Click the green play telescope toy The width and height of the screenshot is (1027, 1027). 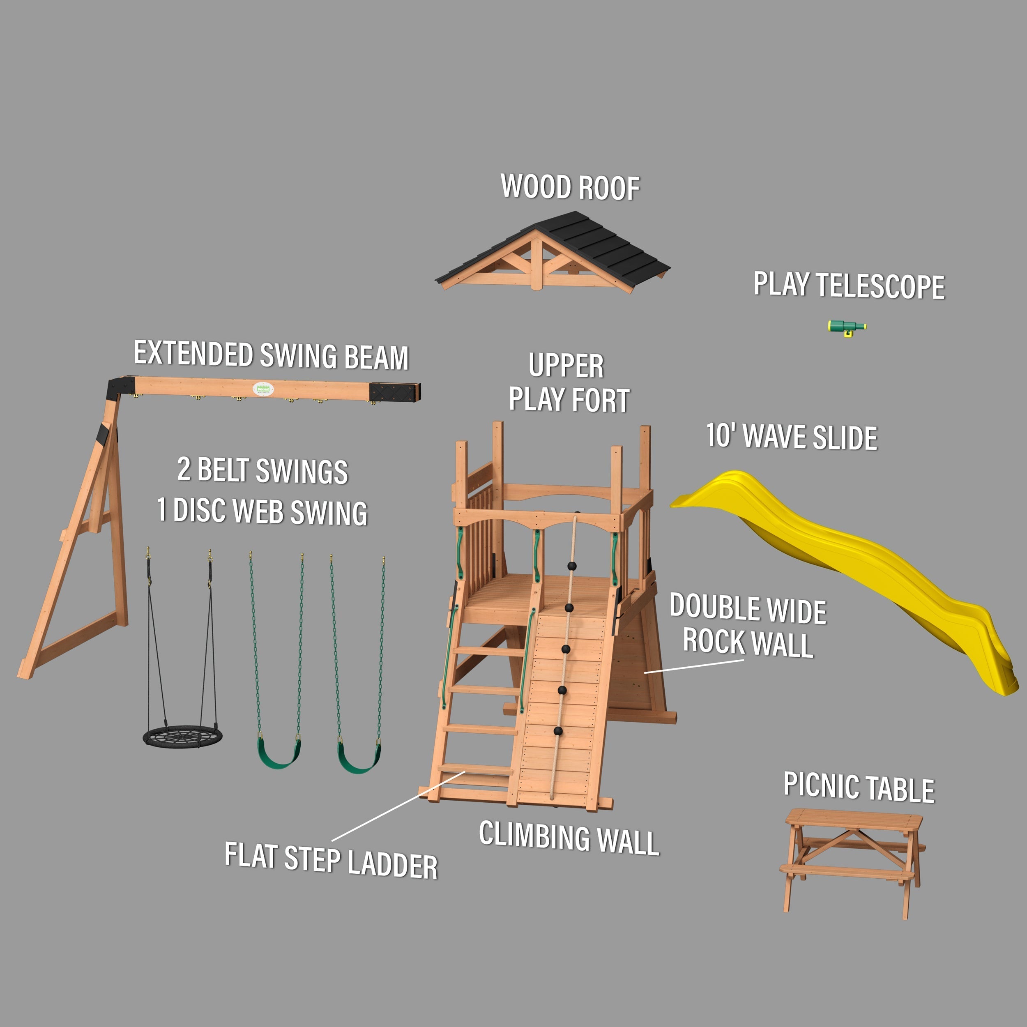(x=846, y=327)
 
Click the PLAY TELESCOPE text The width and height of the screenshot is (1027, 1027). (x=849, y=286)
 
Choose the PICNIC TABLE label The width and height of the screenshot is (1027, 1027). (x=859, y=787)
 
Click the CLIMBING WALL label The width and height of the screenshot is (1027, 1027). (x=569, y=837)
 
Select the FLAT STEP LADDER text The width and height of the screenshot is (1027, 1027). (x=331, y=859)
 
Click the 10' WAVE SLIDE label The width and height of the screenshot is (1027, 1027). (x=792, y=437)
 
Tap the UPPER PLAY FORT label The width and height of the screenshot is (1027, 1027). (x=568, y=383)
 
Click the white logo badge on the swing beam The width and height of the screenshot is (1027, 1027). (x=263, y=389)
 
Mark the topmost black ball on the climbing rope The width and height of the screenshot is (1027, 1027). (x=572, y=566)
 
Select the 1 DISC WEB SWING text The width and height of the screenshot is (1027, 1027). (x=262, y=511)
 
